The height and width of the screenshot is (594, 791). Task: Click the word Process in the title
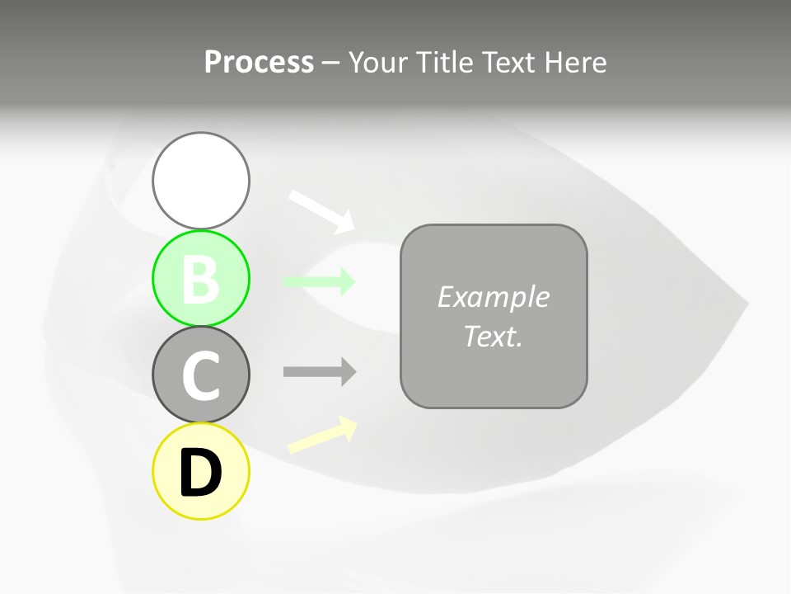click(x=259, y=63)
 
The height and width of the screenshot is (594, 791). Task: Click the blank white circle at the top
click(x=201, y=180)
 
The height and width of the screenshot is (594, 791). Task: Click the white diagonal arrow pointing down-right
click(x=321, y=211)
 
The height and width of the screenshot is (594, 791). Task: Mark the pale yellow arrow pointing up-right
click(x=321, y=435)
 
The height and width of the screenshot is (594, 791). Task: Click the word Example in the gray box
click(x=493, y=297)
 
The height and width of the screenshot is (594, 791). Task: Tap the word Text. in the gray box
click(x=493, y=336)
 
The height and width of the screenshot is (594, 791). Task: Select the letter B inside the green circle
click(x=201, y=279)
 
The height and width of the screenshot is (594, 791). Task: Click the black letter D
click(x=201, y=473)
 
